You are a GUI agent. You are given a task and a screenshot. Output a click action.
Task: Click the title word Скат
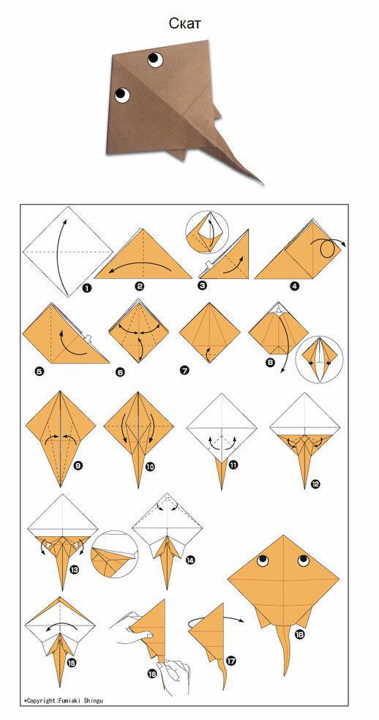tap(184, 23)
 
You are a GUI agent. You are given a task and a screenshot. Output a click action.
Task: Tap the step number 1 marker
tap(86, 288)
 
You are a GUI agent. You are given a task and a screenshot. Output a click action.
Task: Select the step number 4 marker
tap(294, 286)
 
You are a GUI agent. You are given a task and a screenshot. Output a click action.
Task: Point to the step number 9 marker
tap(78, 466)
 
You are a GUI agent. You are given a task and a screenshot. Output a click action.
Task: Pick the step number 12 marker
tap(315, 484)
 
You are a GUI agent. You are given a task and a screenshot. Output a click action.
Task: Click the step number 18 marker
tap(299, 635)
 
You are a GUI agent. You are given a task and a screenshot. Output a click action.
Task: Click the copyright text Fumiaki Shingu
tap(83, 701)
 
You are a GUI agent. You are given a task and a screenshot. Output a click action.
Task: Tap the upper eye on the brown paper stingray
tap(155, 59)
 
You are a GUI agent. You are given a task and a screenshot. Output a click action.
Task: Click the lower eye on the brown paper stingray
tap(122, 94)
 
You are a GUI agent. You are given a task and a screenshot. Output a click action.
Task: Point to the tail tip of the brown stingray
tap(263, 184)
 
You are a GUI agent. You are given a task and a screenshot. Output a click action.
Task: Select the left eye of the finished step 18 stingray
tap(263, 560)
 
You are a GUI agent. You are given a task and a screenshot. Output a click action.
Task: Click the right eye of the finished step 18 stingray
tap(303, 560)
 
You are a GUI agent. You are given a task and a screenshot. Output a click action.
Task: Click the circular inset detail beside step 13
tap(114, 554)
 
